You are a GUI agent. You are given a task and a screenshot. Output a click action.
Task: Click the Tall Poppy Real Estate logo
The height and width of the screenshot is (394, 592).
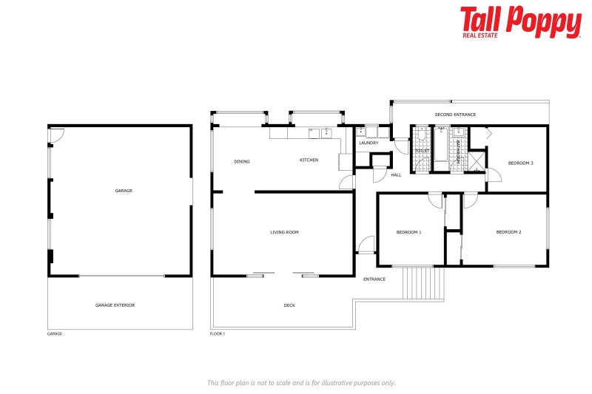point(520,22)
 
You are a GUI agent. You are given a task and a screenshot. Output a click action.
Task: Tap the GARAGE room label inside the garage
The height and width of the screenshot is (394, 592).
point(124,191)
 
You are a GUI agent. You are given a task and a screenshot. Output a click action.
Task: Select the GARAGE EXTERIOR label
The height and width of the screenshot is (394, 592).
point(115,305)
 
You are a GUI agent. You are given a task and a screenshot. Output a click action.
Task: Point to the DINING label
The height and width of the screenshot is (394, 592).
point(241,161)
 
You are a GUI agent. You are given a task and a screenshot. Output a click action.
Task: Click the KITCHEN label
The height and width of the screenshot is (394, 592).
point(309,160)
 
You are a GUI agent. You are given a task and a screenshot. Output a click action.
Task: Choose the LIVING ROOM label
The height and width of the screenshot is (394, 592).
point(284,232)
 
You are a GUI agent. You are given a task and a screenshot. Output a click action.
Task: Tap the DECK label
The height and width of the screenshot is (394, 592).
point(289,305)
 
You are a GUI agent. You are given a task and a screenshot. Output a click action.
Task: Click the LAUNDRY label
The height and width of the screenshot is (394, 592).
point(369,143)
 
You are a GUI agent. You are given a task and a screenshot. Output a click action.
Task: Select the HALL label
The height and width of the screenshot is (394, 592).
point(396,175)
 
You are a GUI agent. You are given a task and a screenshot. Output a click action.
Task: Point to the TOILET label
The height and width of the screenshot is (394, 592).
point(422,150)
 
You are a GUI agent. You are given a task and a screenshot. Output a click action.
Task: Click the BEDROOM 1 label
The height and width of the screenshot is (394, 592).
point(408,232)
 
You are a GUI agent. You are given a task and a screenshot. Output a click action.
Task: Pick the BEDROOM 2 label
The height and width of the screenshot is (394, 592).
point(508,232)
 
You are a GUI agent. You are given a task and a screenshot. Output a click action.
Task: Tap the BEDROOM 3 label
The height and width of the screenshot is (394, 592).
point(520,163)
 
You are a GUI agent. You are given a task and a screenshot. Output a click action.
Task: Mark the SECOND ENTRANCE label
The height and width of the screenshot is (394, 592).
point(455,115)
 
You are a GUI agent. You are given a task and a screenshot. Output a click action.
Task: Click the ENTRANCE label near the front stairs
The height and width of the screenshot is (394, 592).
point(374,279)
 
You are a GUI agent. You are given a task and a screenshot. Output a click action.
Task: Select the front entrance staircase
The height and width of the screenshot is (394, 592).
point(423,283)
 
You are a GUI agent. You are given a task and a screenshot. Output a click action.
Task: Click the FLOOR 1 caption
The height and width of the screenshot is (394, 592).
point(218,334)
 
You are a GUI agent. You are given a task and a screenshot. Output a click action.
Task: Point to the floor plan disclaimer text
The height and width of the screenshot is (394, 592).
point(301,382)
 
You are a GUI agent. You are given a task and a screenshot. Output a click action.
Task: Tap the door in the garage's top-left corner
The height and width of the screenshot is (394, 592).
point(57,135)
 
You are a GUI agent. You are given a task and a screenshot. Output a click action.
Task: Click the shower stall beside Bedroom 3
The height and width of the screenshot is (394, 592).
point(476,160)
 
